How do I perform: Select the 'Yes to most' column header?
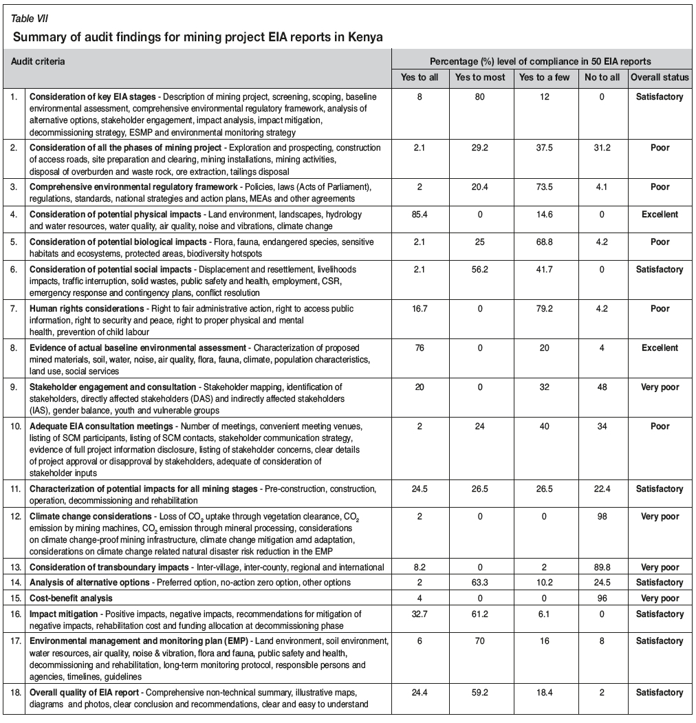click(x=480, y=77)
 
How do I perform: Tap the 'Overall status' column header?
click(x=660, y=77)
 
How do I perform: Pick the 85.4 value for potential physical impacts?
click(x=419, y=215)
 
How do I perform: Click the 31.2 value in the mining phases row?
click(x=601, y=148)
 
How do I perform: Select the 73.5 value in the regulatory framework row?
click(x=544, y=186)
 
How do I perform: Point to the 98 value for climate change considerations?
click(x=601, y=517)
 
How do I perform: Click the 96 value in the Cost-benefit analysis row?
click(x=601, y=598)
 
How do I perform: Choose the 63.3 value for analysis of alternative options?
click(x=480, y=583)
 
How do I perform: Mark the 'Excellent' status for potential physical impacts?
click(x=660, y=215)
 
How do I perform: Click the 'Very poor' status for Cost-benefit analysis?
click(x=660, y=598)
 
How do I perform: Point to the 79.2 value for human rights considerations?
click(x=544, y=310)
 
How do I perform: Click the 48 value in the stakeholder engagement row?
click(x=601, y=387)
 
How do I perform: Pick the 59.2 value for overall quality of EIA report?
click(x=480, y=693)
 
